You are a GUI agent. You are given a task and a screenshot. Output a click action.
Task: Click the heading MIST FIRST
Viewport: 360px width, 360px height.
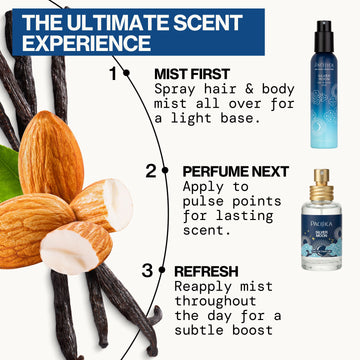(191, 73)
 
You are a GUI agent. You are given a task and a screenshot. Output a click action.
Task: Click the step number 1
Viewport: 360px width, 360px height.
(113, 72)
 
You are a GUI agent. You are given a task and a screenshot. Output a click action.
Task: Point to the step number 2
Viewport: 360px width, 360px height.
(150, 171)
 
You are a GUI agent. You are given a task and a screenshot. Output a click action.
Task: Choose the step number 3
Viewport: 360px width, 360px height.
(147, 270)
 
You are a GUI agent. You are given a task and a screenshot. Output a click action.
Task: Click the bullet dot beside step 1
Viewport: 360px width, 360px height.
(127, 74)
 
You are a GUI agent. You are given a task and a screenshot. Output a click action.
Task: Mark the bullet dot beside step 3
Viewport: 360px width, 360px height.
(162, 271)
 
